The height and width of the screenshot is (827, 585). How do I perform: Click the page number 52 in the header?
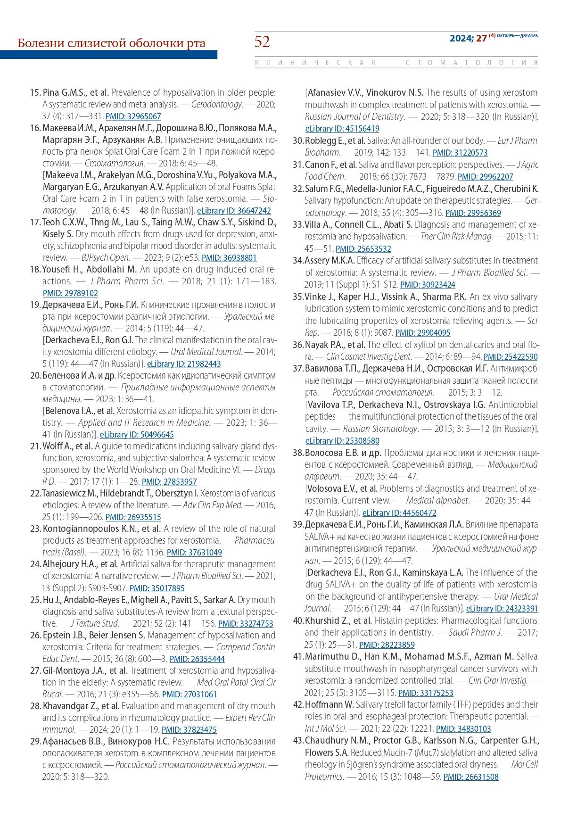click(x=262, y=42)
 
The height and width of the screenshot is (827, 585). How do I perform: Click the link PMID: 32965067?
click(x=133, y=116)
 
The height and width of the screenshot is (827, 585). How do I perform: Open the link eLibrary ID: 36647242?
click(x=234, y=211)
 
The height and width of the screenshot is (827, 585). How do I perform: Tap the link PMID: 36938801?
click(x=229, y=258)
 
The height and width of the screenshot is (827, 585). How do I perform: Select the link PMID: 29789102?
click(x=70, y=293)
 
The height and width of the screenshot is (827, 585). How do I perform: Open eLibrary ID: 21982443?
click(x=184, y=364)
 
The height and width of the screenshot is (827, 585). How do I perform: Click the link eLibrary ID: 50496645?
click(x=137, y=435)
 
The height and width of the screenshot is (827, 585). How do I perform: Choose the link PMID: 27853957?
click(x=169, y=482)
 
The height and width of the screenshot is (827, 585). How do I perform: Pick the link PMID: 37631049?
click(x=194, y=553)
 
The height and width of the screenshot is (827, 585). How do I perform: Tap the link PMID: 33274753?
click(x=246, y=623)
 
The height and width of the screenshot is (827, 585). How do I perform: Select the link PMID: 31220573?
click(x=460, y=153)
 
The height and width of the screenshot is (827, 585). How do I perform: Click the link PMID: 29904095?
click(x=423, y=333)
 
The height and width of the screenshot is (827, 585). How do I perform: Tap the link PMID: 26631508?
click(x=471, y=777)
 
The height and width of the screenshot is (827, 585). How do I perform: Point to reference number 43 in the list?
click(x=298, y=741)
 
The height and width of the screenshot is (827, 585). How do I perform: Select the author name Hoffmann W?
click(x=330, y=704)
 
